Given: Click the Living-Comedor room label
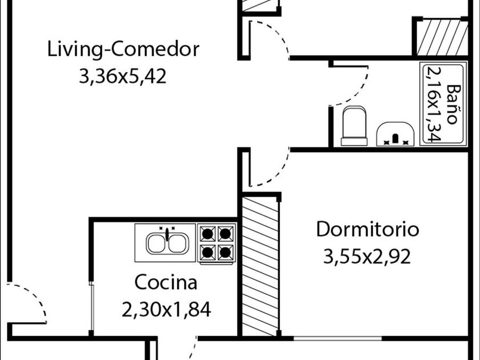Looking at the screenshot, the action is (123, 49).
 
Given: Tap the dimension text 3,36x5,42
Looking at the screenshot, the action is (123, 76).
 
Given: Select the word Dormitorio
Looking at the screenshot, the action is (367, 230).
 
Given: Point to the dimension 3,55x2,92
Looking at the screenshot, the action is (367, 257).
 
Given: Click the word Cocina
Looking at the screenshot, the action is (166, 282).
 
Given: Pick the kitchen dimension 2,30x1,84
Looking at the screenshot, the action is (166, 309).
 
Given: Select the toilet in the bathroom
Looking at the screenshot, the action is (354, 126).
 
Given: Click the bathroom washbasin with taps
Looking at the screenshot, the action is (395, 133).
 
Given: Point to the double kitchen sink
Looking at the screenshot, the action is (166, 243).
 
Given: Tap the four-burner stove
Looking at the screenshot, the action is (217, 243).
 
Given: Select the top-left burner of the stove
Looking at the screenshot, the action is (208, 233).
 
